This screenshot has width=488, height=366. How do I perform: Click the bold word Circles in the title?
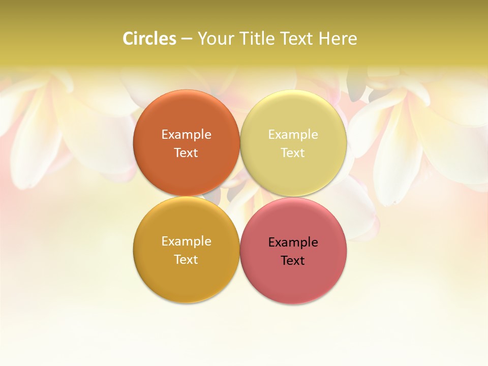(x=149, y=39)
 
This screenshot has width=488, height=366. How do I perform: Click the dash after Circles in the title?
(x=187, y=39)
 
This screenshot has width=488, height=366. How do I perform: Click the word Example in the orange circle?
(x=186, y=135)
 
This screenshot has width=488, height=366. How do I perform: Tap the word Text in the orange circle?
(x=186, y=153)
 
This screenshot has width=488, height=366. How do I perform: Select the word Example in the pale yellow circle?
(x=293, y=135)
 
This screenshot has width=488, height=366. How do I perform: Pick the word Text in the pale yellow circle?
(x=293, y=153)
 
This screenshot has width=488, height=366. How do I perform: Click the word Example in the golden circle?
(x=186, y=241)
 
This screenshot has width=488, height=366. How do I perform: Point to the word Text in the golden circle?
(x=186, y=260)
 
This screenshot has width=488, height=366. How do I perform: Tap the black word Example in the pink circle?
(x=293, y=242)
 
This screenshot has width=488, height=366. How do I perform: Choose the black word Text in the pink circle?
(x=293, y=261)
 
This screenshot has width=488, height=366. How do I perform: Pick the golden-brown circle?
(x=186, y=282)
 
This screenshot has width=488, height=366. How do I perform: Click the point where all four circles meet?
(x=240, y=196)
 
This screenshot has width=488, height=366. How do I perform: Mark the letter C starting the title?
(x=128, y=39)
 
